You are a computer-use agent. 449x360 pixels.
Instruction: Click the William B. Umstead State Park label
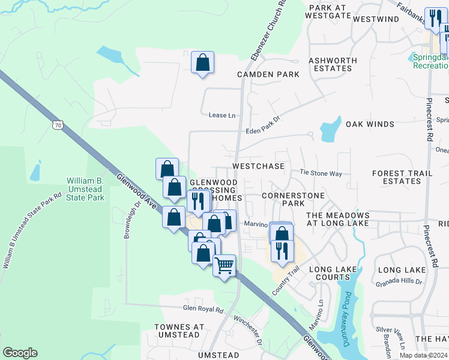point(85,189)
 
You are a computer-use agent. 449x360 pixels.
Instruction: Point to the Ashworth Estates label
point(333,64)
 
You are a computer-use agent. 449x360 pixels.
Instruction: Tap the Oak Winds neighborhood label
point(370,124)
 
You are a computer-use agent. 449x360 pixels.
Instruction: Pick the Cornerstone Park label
point(293,199)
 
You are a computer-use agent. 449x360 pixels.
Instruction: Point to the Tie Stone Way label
point(321,173)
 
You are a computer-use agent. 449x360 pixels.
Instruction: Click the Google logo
point(20,353)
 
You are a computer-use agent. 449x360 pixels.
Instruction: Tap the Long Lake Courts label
point(336,274)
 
